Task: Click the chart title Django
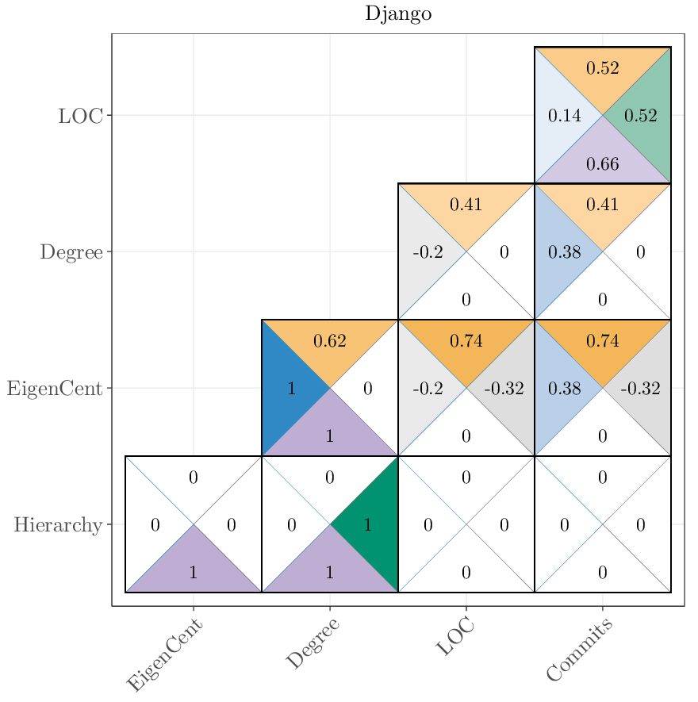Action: pos(398,14)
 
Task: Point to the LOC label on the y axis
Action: pos(80,116)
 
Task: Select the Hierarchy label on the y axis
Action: pos(58,525)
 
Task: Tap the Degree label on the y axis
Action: pos(71,252)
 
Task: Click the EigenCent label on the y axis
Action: pos(55,389)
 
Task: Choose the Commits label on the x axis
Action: pos(580,650)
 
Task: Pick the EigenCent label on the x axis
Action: pos(165,656)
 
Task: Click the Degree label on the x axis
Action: pos(313,644)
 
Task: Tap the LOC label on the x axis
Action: pos(455,637)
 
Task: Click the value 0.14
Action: pos(565,116)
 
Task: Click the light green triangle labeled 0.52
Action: pos(641,116)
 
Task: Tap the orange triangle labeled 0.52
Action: pos(603,68)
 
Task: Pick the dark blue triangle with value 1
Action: pos(291,389)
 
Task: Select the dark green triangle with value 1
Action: pos(368,524)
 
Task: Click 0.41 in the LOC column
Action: pos(466,205)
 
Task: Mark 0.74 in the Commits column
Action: pos(603,341)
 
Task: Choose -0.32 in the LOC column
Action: pos(504,389)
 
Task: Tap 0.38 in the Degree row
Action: pos(565,252)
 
